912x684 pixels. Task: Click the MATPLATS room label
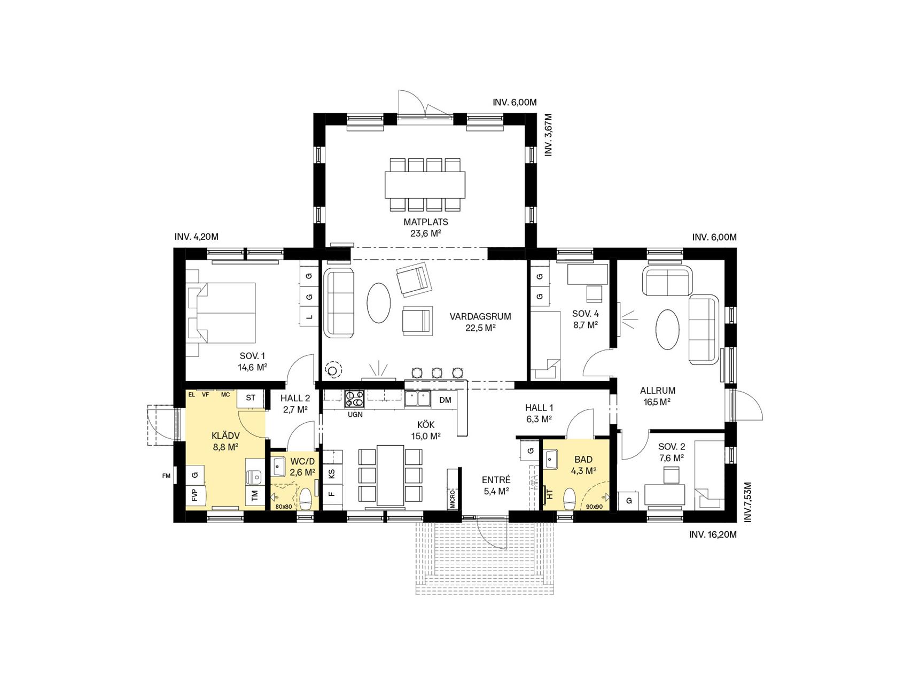point(425,222)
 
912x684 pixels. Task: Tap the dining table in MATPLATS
point(425,184)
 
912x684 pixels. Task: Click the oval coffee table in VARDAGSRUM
point(379,302)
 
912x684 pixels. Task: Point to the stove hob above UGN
point(354,399)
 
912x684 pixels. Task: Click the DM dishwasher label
point(445,400)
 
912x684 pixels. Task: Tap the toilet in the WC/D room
point(306,499)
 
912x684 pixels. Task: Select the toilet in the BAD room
point(569,499)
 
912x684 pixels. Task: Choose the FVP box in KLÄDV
point(194,495)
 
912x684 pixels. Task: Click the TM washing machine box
point(255,496)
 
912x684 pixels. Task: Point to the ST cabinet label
point(251,398)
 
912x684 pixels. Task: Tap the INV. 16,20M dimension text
point(713,534)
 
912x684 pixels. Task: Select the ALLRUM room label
point(658,391)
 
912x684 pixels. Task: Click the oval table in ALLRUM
point(668,329)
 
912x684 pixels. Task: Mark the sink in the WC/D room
point(279,466)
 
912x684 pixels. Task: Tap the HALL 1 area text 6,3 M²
point(539,419)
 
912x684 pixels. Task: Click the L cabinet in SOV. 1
point(309,317)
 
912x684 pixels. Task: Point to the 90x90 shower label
point(594,506)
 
